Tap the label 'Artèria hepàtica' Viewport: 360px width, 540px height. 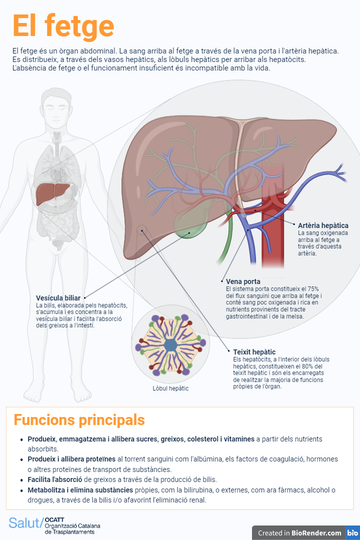(323, 225)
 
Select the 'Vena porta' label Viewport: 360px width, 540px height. (243, 281)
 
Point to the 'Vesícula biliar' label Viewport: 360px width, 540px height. (58, 298)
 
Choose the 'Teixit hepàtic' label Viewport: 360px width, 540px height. (254, 352)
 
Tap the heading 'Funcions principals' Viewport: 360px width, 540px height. (79, 419)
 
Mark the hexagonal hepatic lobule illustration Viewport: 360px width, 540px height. (170, 345)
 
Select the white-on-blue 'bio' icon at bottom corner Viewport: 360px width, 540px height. (352, 533)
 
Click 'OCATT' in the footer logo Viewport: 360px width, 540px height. (54, 519)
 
